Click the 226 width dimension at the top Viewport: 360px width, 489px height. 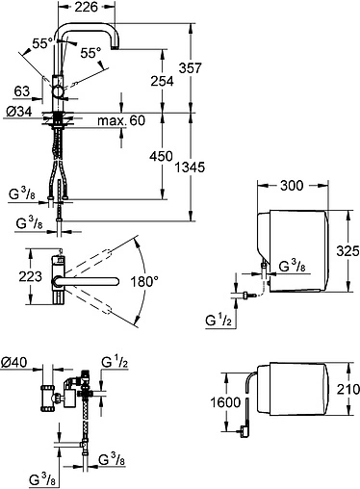[86, 7]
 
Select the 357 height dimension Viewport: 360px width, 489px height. [190, 68]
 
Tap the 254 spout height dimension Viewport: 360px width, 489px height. [162, 81]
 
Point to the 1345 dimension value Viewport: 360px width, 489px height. [190, 167]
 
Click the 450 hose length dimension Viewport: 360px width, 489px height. [161, 156]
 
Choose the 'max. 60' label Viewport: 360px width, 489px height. [121, 120]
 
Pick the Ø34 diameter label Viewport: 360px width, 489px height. [19, 112]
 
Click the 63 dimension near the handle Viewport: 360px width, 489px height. [22, 91]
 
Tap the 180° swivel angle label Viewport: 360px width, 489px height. [144, 282]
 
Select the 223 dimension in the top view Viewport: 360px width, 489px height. [31, 276]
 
